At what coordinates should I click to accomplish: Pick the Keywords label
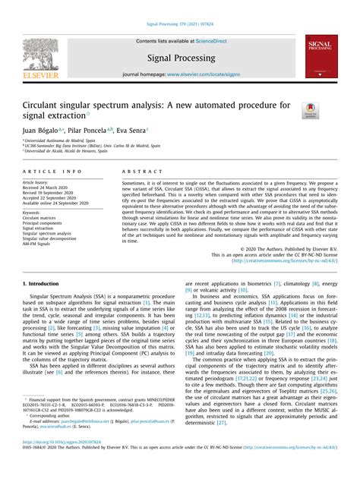[35, 213]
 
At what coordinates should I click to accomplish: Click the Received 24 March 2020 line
[49, 188]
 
